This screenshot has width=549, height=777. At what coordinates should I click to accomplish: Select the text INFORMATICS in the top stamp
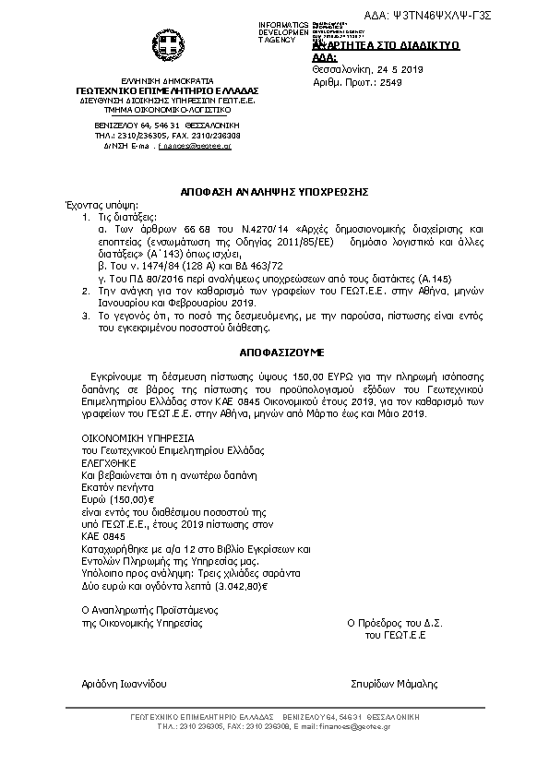(283, 23)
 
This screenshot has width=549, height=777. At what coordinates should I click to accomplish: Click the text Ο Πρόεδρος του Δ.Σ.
(395, 624)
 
